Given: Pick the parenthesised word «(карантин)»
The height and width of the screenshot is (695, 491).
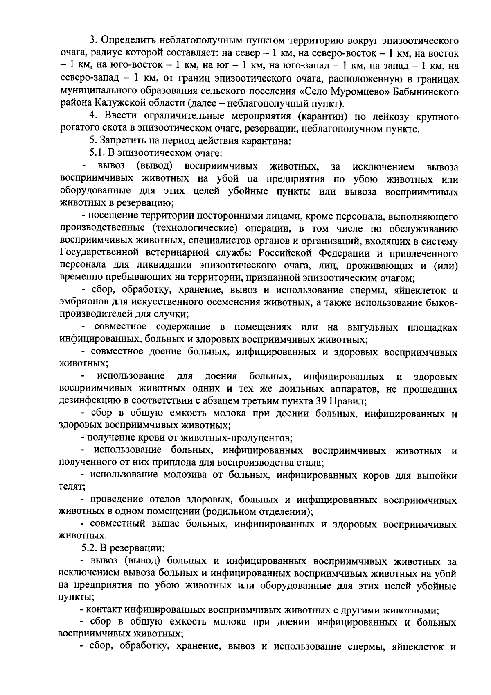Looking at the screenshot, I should (324, 117).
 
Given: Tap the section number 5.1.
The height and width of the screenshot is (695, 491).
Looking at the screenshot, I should (98, 153).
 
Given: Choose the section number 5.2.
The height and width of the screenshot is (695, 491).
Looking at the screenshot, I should (90, 547).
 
